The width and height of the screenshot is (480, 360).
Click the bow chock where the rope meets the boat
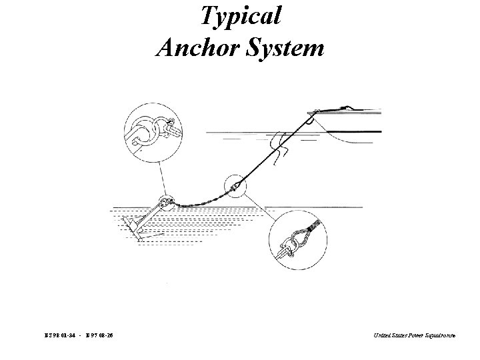(310, 120)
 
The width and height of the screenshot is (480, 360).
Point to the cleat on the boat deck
(347, 107)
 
